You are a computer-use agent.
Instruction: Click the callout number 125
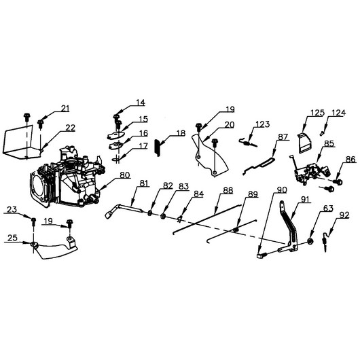pyautogui.click(x=317, y=113)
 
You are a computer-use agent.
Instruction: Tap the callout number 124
pyautogui.click(x=338, y=113)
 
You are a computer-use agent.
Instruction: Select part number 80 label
pyautogui.click(x=125, y=175)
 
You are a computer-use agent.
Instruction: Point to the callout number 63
pyautogui.click(x=328, y=209)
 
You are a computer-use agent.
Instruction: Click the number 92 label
pyautogui.click(x=344, y=215)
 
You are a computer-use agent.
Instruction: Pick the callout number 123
pyautogui.click(x=263, y=124)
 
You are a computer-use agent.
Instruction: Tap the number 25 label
pyautogui.click(x=12, y=238)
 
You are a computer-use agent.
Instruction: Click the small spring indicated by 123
pyautogui.click(x=248, y=143)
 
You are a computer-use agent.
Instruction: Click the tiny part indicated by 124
pyautogui.click(x=323, y=133)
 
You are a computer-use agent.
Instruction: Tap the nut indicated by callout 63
pyautogui.click(x=310, y=242)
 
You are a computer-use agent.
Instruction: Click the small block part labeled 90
pyautogui.click(x=261, y=255)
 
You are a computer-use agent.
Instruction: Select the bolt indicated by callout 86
pyautogui.click(x=338, y=182)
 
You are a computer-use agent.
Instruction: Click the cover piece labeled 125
pyautogui.click(x=305, y=143)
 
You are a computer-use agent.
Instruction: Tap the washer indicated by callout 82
pyautogui.click(x=150, y=213)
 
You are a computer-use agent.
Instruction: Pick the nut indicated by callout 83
pyautogui.click(x=163, y=216)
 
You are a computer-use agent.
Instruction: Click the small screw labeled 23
pyautogui.click(x=33, y=221)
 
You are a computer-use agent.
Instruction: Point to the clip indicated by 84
pyautogui.click(x=180, y=219)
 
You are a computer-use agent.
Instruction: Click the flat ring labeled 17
pyautogui.click(x=115, y=159)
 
